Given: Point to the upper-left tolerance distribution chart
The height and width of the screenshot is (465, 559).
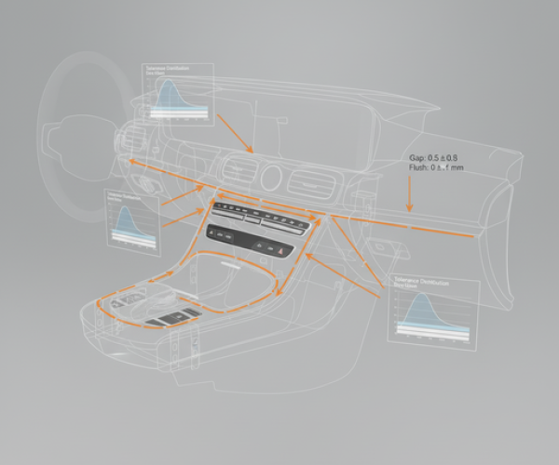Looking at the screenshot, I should pos(177,93).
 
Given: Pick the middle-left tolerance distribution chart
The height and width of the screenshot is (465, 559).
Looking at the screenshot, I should pos(130,220).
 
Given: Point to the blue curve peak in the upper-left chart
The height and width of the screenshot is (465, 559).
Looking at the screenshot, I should pos(169,84).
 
